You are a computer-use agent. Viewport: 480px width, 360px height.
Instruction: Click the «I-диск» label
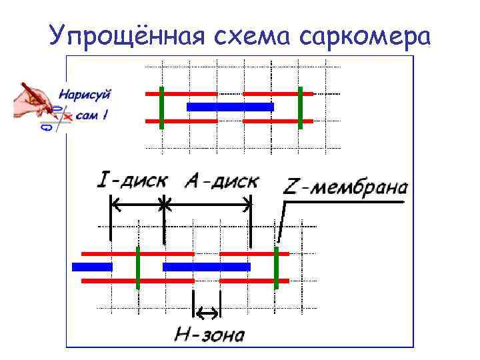click(133, 181)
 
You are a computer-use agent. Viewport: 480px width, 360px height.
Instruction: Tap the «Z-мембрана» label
click(345, 187)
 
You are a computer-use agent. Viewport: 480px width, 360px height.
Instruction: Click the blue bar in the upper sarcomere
click(230, 107)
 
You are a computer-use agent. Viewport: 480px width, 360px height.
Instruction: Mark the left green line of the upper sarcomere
click(161, 107)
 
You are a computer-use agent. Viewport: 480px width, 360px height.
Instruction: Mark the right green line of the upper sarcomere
click(301, 107)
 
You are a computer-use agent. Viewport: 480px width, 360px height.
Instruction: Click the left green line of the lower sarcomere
click(137, 267)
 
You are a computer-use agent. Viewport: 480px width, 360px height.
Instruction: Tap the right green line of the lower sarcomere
click(276, 267)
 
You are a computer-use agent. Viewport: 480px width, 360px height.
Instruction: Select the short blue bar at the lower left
click(92, 267)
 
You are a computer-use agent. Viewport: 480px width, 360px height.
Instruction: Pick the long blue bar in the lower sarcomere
click(206, 267)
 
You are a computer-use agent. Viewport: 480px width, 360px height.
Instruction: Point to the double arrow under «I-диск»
click(137, 204)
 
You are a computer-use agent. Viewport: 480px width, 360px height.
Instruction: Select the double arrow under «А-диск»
click(207, 204)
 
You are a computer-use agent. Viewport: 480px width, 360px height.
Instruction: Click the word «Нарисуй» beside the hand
click(87, 95)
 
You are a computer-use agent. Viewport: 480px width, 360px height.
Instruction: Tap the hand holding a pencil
click(33, 100)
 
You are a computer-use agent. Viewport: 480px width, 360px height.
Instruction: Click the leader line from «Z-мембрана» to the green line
click(283, 220)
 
